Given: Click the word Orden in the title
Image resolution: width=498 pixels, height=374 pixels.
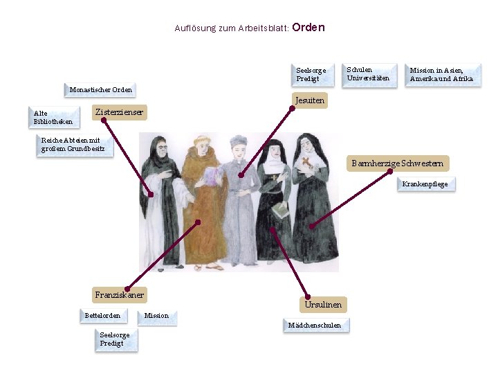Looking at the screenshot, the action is click(x=308, y=28).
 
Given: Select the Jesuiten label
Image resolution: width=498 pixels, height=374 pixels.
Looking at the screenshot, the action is click(x=309, y=101).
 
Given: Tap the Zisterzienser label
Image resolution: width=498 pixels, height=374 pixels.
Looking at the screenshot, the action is click(x=120, y=112).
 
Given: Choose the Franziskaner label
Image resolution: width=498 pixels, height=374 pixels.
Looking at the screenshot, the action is click(x=120, y=295).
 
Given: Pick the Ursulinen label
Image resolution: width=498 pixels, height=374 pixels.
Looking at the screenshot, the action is click(x=323, y=305).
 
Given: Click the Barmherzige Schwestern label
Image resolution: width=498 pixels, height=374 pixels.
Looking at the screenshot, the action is click(x=397, y=163).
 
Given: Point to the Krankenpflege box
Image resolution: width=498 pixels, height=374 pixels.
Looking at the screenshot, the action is click(x=425, y=184).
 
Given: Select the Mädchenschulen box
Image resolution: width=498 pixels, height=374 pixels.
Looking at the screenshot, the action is click(x=315, y=326).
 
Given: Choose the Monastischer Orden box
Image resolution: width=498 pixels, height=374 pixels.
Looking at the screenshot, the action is click(x=101, y=90).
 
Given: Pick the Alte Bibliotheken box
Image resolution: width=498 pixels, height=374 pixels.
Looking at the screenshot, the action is click(x=53, y=118).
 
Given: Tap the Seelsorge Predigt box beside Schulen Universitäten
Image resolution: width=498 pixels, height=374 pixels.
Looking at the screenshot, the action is click(x=311, y=75).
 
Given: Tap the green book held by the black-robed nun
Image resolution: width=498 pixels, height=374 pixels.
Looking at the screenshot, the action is click(x=281, y=210).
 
